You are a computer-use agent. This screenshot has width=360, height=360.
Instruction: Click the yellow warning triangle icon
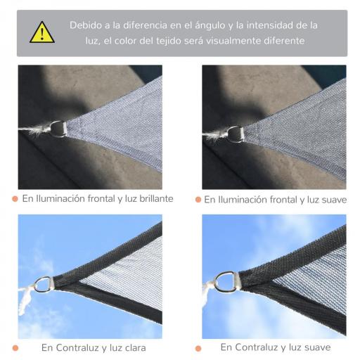41,33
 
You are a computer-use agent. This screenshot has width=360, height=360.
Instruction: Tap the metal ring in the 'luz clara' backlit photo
44,285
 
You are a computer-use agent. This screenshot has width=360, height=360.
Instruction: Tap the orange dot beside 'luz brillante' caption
15,199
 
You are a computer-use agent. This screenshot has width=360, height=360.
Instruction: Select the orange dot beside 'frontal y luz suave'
198,200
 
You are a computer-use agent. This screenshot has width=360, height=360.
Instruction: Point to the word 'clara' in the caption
134,347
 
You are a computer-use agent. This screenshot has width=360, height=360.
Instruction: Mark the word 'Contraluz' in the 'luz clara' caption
75,347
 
